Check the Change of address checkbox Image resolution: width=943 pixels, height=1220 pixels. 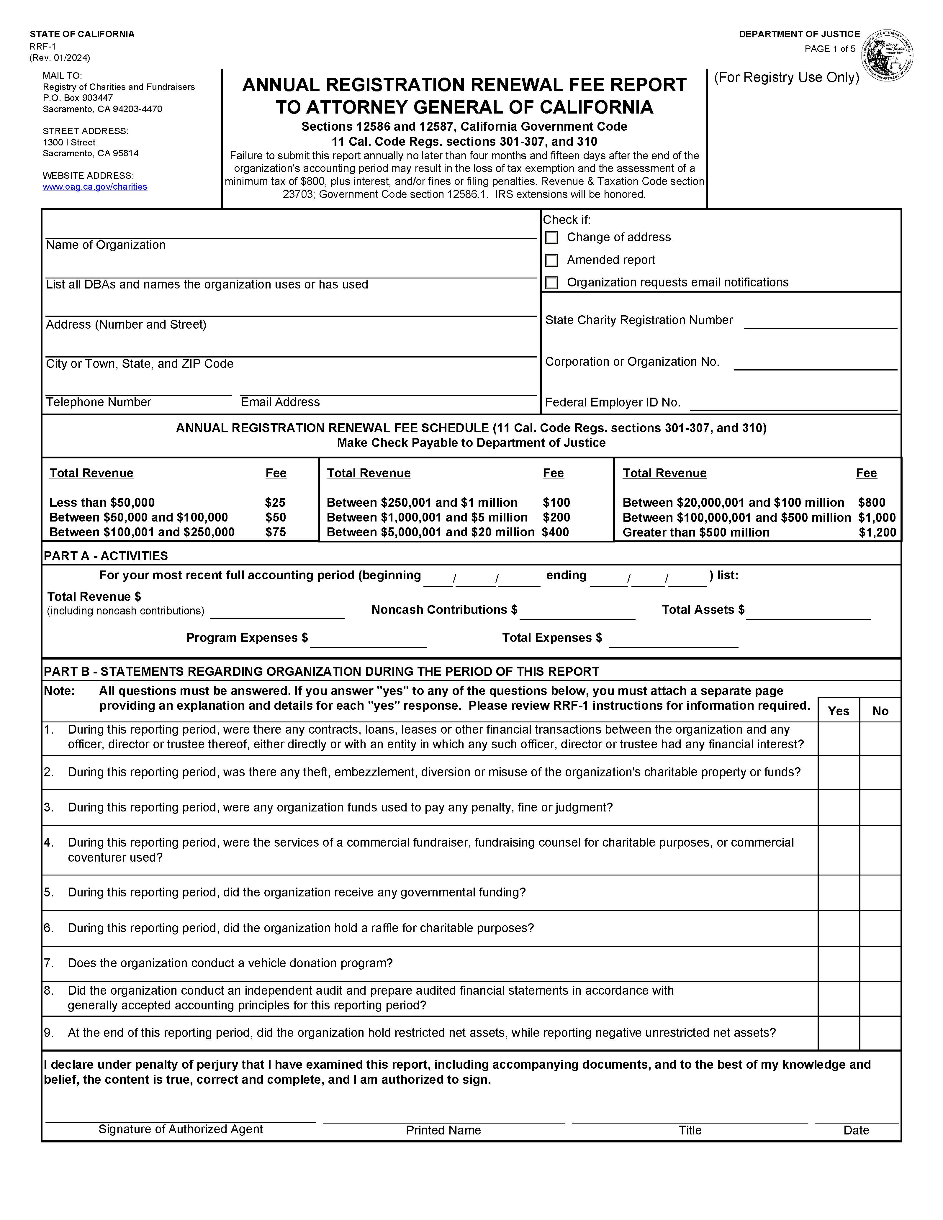click(x=551, y=238)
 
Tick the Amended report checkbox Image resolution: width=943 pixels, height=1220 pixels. click(x=551, y=260)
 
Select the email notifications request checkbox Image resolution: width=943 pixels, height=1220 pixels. click(x=551, y=283)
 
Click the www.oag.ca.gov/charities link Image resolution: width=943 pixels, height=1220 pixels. click(x=95, y=187)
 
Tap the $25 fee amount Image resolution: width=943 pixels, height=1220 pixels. click(x=275, y=502)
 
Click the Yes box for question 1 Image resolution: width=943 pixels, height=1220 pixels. click(x=839, y=739)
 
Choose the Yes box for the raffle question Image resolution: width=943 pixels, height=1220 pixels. click(x=839, y=928)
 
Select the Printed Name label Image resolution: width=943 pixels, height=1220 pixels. click(x=443, y=1130)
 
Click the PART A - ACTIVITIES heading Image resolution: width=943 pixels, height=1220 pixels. click(x=106, y=556)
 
